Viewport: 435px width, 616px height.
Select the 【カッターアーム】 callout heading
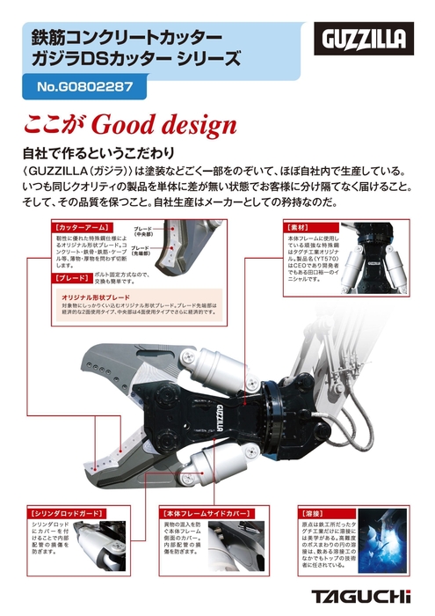pyautogui.click(x=81, y=226)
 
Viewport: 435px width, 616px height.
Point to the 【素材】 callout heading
pyautogui.click(x=300, y=227)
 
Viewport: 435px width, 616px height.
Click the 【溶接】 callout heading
pyautogui.click(x=313, y=510)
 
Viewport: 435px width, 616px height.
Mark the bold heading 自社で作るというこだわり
pyautogui.click(x=98, y=151)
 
